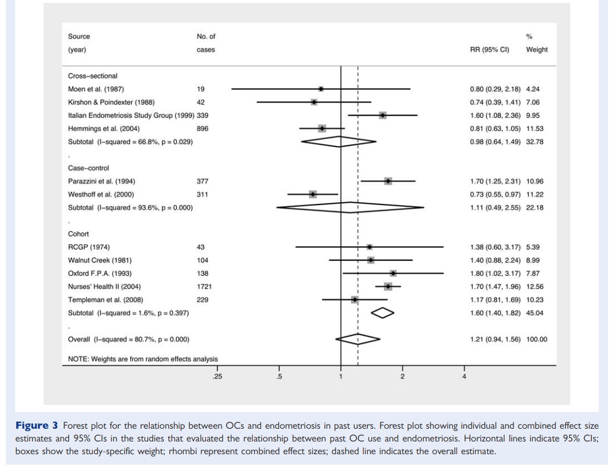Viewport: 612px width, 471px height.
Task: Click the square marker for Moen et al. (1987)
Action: pos(321,89)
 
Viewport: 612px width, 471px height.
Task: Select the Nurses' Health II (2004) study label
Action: pos(104,286)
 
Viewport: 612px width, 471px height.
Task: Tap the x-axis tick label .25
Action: pos(217,378)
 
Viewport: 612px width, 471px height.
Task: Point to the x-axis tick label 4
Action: pos(463,378)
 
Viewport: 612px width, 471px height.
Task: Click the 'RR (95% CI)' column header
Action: pos(489,50)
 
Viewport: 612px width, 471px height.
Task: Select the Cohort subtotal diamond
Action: pos(382,313)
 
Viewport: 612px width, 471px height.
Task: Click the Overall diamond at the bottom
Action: pos(359,339)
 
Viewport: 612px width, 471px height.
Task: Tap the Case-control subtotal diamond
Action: pos(350,207)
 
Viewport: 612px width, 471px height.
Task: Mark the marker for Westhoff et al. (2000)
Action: pos(313,194)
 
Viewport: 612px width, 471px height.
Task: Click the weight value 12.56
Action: pos(537,286)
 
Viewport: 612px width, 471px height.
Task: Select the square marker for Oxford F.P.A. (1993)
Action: pos(393,273)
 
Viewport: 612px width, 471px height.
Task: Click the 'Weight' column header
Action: pos(537,50)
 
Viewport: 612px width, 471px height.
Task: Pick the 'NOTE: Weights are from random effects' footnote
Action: pos(143,359)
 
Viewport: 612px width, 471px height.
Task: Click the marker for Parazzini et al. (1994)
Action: pos(388,181)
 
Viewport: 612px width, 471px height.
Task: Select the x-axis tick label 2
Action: pos(402,378)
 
